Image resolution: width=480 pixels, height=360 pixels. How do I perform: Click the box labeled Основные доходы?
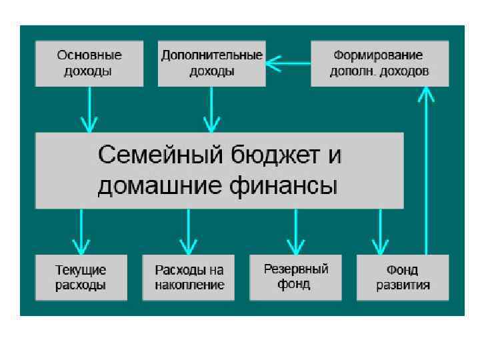[89, 63]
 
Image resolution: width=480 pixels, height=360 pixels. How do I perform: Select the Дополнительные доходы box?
[212, 63]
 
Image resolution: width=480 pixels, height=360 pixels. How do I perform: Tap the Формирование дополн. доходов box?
[379, 63]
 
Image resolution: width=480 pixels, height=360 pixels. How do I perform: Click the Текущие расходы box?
[81, 277]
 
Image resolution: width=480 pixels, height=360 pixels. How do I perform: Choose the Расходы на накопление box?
[189, 277]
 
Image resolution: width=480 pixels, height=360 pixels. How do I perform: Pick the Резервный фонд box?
[296, 277]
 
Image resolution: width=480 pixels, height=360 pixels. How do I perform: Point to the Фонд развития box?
[403, 277]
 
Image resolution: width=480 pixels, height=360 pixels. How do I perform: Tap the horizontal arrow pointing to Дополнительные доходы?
[288, 64]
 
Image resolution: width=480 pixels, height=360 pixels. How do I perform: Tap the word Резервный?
[296, 269]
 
